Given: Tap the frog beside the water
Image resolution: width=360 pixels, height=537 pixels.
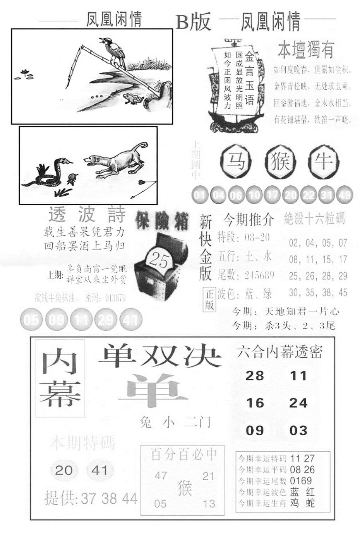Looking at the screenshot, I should coord(132,99).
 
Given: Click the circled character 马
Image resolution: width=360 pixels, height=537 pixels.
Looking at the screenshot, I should coord(236,161).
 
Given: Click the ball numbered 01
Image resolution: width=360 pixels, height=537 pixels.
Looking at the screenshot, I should coord(200,195).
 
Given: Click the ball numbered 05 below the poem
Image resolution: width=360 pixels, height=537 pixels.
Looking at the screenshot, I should coord(31,320).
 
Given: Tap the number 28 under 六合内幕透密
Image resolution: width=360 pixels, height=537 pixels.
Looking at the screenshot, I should coord(255,376).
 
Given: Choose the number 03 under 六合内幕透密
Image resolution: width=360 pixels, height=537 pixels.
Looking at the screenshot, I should coord(298,431).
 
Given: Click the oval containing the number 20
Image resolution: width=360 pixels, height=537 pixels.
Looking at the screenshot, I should coord(64,470).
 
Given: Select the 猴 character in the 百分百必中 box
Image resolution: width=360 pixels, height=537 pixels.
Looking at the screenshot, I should coord(185,488).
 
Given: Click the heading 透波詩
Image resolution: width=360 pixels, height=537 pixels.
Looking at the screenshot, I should coord(87,214).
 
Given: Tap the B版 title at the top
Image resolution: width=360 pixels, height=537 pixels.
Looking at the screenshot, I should coord(193,22).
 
